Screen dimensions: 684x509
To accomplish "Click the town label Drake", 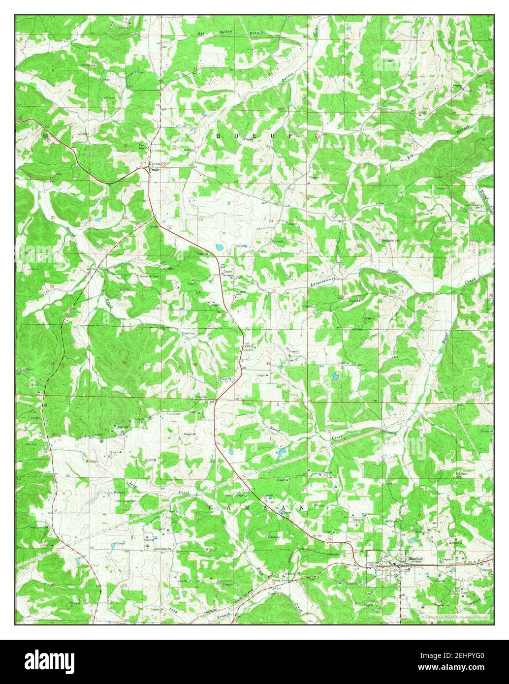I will (x=156, y=170).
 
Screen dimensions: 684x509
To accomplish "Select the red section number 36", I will (x=268, y=364).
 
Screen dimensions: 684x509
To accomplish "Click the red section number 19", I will (x=345, y=217).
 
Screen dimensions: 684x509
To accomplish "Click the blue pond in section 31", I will (x=335, y=378).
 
